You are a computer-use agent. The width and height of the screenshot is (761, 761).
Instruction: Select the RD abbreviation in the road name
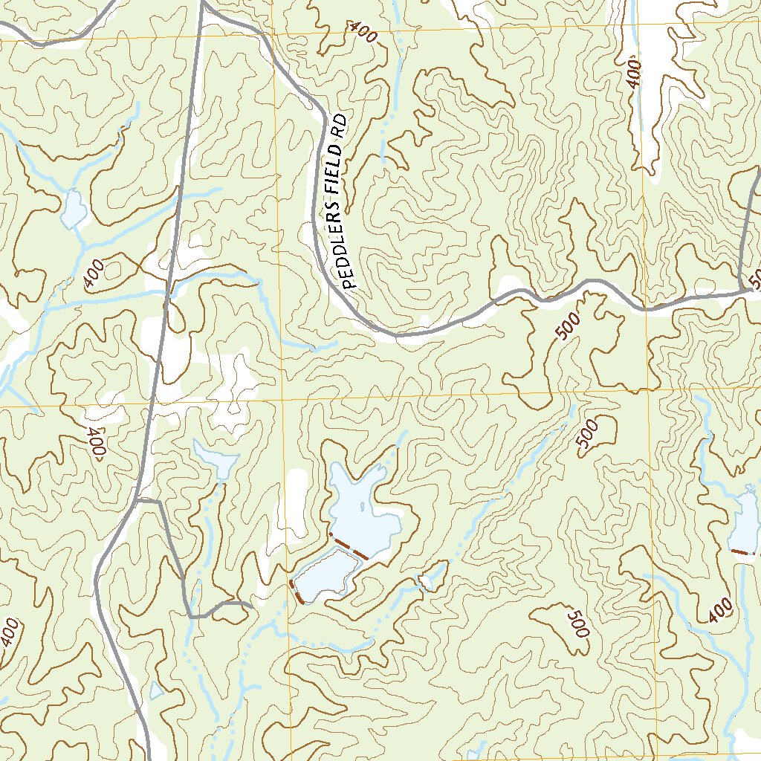click(340, 124)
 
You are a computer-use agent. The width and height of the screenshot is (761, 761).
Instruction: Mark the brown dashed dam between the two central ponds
click(349, 546)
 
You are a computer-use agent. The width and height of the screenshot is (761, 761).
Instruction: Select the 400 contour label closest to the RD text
click(363, 33)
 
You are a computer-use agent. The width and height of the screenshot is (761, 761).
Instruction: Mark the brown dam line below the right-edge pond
click(743, 552)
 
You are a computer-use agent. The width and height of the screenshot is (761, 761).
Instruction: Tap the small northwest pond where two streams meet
click(74, 210)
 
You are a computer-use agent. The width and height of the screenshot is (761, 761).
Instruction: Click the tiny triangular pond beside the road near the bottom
click(156, 691)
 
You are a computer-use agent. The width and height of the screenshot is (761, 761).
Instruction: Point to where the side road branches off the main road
click(138, 502)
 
